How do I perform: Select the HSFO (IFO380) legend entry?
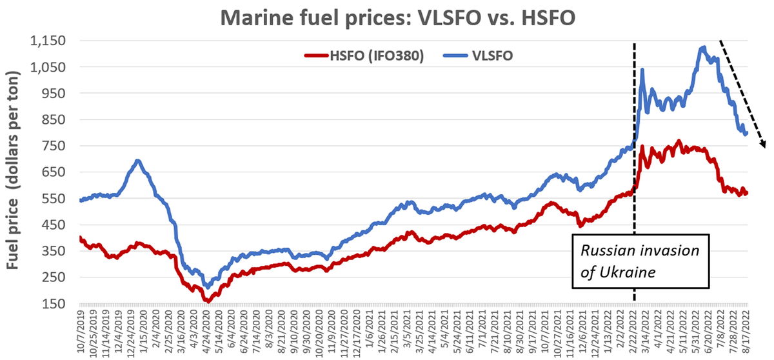click(x=364, y=55)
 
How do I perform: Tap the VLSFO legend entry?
click(x=478, y=55)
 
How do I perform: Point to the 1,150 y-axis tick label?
click(x=48, y=41)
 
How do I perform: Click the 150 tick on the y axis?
click(x=54, y=304)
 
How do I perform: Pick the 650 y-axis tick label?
click(x=54, y=172)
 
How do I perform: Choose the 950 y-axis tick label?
click(x=54, y=94)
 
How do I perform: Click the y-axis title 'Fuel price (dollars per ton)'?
click(x=13, y=170)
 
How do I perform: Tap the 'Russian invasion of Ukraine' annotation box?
click(x=640, y=261)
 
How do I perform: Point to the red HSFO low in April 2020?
click(x=208, y=301)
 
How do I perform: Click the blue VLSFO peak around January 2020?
click(x=137, y=161)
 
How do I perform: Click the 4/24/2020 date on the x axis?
click(x=207, y=330)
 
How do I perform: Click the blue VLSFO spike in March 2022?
click(x=642, y=70)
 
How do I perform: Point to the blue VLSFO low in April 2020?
click(x=208, y=286)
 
